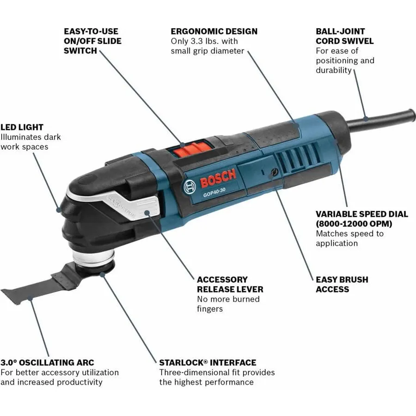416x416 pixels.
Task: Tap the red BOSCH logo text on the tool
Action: tap(218, 178)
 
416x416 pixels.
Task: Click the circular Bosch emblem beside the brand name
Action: tap(190, 187)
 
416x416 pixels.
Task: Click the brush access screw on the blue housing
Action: tap(273, 172)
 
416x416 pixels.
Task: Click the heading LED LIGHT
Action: tap(22, 127)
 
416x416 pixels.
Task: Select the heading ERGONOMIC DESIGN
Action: tap(214, 31)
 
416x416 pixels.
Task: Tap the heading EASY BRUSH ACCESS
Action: tap(342, 284)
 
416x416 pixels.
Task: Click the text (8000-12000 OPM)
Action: tap(354, 224)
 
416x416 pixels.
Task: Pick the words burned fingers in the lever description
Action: tap(228, 304)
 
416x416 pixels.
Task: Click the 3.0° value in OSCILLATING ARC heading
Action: tap(8, 362)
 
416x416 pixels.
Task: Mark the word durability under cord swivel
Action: tap(333, 70)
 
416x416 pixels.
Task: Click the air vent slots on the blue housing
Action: tap(297, 156)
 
